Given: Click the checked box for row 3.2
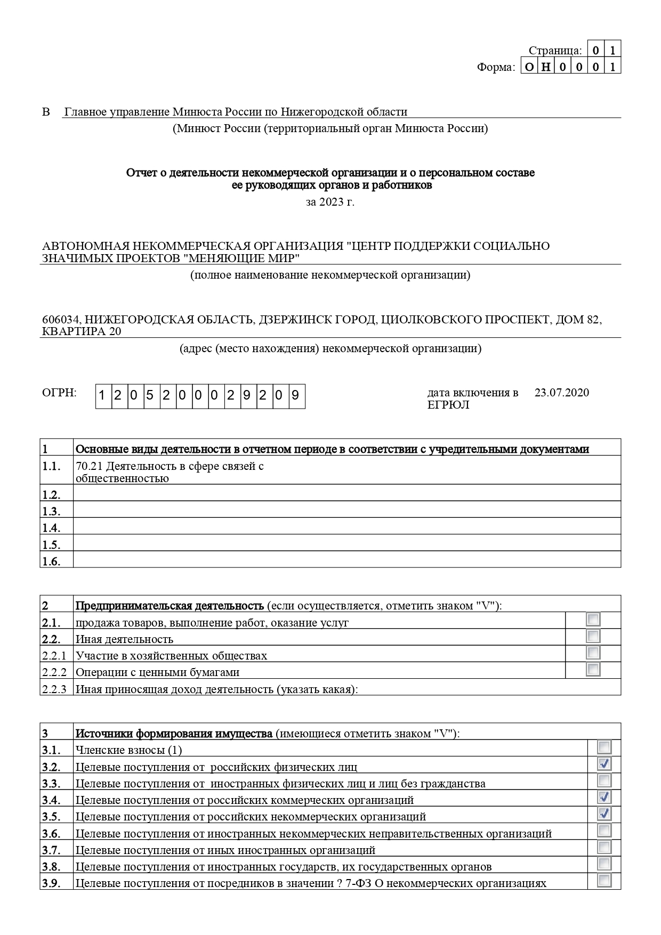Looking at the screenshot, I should (604, 765).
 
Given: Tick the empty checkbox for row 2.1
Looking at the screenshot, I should (593, 619).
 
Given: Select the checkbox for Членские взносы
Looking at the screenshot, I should (604, 747).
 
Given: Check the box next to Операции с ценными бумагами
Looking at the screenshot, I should (593, 669).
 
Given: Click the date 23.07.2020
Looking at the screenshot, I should (561, 393).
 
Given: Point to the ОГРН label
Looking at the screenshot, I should (59, 393).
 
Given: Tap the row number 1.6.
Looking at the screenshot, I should (51, 561).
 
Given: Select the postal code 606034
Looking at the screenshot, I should (61, 320).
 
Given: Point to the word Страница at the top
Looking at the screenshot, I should (554, 51).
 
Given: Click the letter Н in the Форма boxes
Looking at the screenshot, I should (546, 67).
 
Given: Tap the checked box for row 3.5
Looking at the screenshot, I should (604, 814).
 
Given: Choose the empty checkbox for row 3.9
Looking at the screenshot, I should (604, 880).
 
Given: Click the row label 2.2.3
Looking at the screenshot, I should (54, 689).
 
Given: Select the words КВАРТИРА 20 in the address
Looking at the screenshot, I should (82, 331).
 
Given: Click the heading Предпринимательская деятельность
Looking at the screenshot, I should (170, 606).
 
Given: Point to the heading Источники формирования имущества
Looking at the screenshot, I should (174, 734).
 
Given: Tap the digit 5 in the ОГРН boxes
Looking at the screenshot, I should (150, 396).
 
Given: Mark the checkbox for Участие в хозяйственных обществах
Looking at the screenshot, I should (593, 653).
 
